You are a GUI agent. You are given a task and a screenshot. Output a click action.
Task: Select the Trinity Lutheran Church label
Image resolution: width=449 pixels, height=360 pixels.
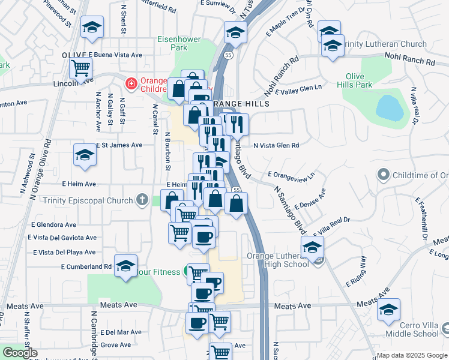(384, 44)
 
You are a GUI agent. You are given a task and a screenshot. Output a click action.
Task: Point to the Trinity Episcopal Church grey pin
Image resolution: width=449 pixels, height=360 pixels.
(142, 199)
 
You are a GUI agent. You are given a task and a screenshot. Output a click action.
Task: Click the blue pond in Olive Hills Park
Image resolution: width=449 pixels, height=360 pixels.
(390, 107)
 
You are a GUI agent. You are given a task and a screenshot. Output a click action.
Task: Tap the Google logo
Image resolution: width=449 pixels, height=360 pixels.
(20, 353)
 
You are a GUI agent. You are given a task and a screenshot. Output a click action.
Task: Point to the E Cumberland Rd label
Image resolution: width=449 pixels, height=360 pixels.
(86, 266)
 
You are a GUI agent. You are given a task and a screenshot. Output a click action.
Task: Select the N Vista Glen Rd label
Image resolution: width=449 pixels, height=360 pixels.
(276, 145)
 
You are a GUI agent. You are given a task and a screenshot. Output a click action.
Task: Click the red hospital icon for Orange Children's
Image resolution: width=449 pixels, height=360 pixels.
(130, 82)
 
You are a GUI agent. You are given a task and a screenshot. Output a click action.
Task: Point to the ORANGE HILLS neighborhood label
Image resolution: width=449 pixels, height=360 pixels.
(238, 104)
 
